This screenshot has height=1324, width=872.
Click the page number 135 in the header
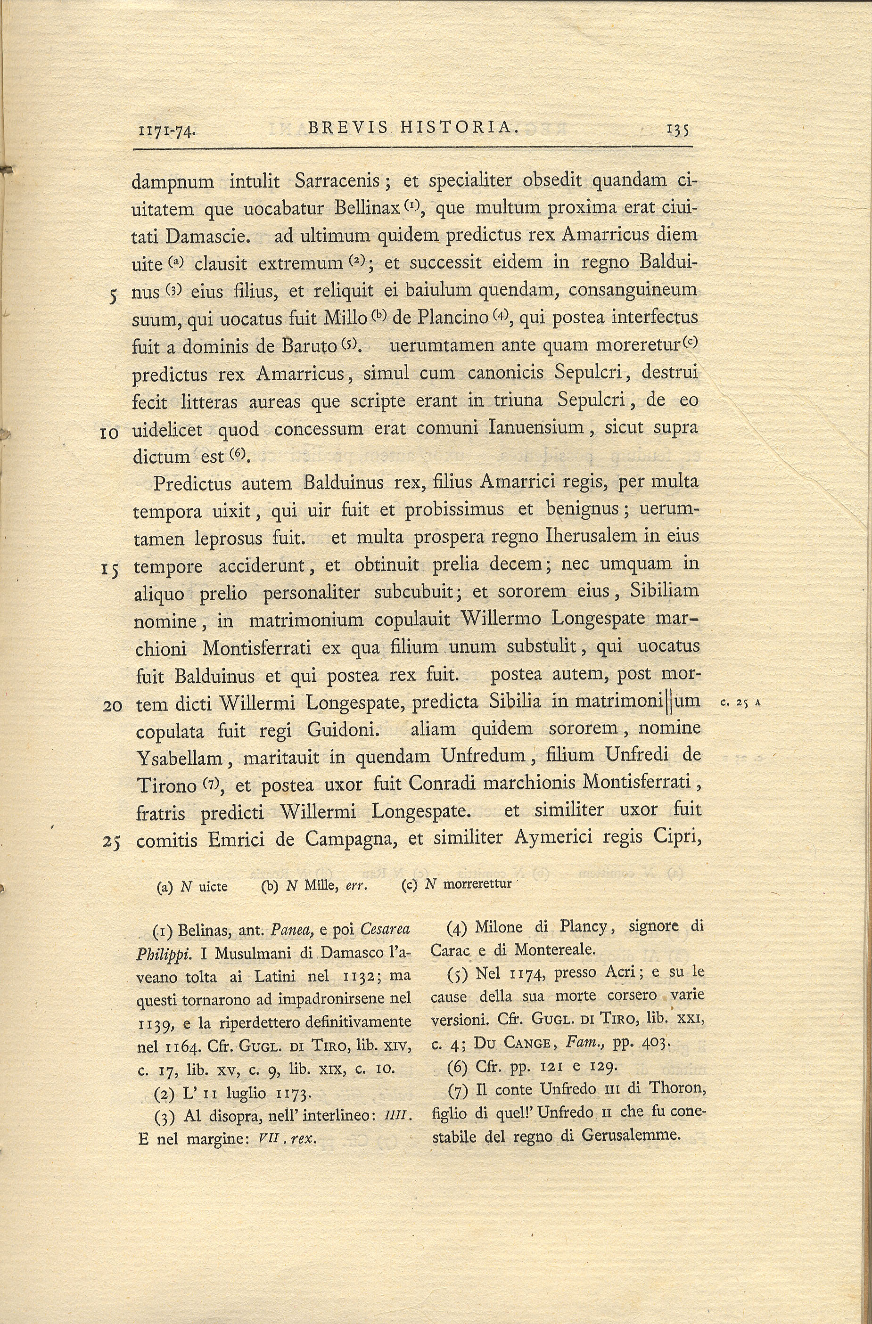tap(678, 130)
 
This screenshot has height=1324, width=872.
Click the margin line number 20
tap(112, 705)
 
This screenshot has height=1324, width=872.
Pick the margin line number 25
tap(112, 842)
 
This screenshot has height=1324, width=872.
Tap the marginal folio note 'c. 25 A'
tap(740, 703)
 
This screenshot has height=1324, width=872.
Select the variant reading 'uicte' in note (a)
tap(213, 886)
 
